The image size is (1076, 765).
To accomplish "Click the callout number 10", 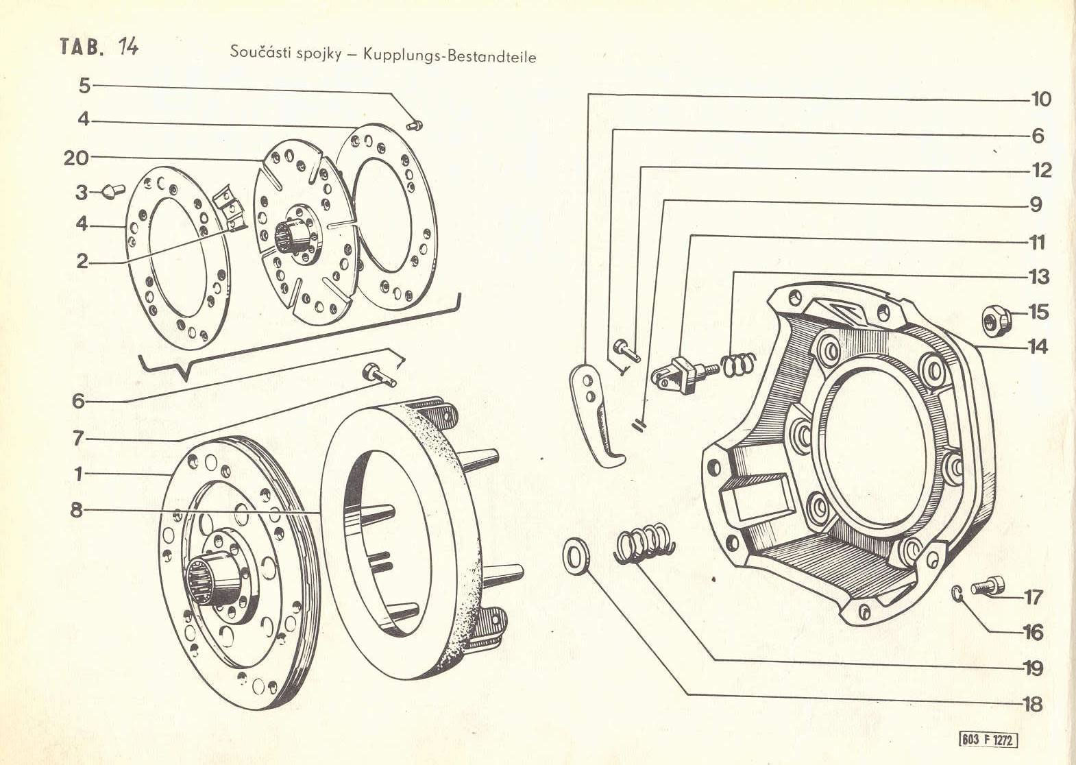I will click(x=1040, y=99).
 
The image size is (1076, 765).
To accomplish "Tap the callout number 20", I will click(x=77, y=158).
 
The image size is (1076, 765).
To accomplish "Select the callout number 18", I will click(x=1032, y=704).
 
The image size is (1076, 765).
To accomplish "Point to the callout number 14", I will click(x=1038, y=347).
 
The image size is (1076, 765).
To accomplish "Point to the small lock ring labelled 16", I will click(x=959, y=593).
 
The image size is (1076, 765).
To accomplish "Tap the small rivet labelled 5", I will click(x=415, y=124).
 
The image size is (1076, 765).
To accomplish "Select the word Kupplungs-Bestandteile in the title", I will click(x=450, y=56).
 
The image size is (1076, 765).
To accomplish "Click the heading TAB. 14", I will click(x=99, y=46).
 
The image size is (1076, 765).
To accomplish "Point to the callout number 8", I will click(x=76, y=509).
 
